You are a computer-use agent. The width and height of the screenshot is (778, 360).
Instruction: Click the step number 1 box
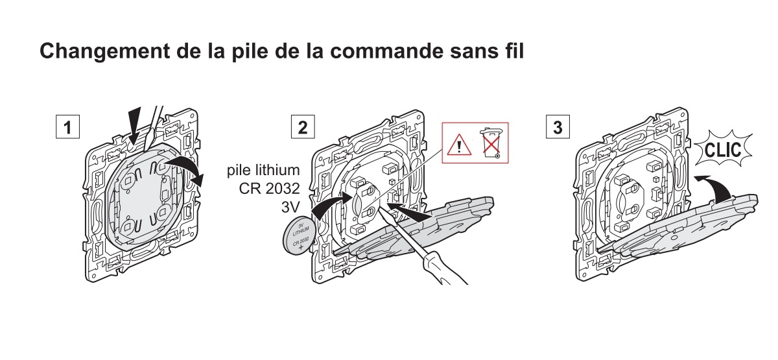pyautogui.click(x=67, y=127)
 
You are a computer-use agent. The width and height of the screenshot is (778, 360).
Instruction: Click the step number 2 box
pyautogui.click(x=303, y=127)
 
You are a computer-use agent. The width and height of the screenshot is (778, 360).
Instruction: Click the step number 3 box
pyautogui.click(x=558, y=127)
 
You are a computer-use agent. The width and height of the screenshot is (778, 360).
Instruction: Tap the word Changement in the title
pyautogui.click(x=105, y=51)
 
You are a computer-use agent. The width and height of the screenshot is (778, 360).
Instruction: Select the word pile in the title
pyautogui.click(x=250, y=51)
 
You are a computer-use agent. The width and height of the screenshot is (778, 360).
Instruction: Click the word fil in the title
pyautogui.click(x=513, y=51)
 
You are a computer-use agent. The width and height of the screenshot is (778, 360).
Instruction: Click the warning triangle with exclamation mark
pyautogui.click(x=459, y=145)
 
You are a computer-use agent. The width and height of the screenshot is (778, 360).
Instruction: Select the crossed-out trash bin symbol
pyautogui.click(x=491, y=143)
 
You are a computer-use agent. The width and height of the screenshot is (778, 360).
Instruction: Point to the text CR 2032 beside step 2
pyautogui.click(x=269, y=188)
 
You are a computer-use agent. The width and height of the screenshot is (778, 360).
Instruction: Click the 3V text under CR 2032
pyautogui.click(x=290, y=207)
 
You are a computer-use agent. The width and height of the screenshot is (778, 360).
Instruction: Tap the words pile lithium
pyautogui.click(x=263, y=170)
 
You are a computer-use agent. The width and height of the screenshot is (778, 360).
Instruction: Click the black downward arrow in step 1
pyautogui.click(x=135, y=125)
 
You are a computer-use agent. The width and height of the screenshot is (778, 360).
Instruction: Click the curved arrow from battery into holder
pyautogui.click(x=332, y=205)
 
